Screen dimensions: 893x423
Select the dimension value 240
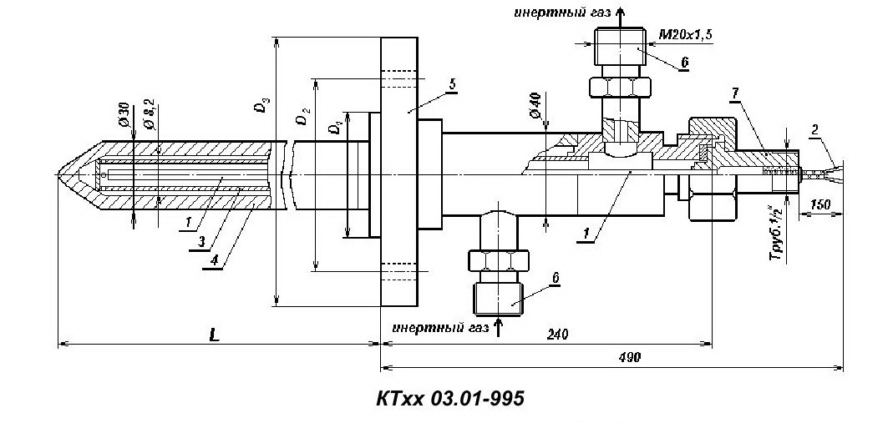(x=557, y=334)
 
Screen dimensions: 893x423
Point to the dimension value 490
(x=629, y=358)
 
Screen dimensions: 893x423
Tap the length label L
(x=214, y=335)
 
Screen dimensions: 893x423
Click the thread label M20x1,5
(x=686, y=35)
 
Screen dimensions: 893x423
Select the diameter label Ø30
(x=125, y=116)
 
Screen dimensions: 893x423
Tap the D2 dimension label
(x=302, y=117)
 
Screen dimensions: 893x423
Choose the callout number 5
(x=452, y=84)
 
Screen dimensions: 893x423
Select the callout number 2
(x=815, y=130)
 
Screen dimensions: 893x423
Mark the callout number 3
(x=201, y=241)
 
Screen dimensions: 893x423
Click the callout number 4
(x=214, y=259)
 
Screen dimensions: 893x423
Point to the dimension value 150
(x=819, y=204)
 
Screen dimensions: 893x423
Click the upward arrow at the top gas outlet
(x=620, y=18)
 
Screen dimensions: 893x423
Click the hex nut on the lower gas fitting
(x=498, y=261)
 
